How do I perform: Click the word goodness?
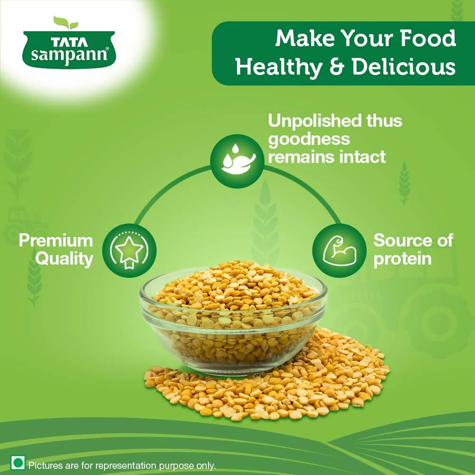[309, 139]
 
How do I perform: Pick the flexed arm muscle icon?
[339, 250]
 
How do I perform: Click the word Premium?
[56, 240]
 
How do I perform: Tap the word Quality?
[65, 259]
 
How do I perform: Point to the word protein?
[402, 259]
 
